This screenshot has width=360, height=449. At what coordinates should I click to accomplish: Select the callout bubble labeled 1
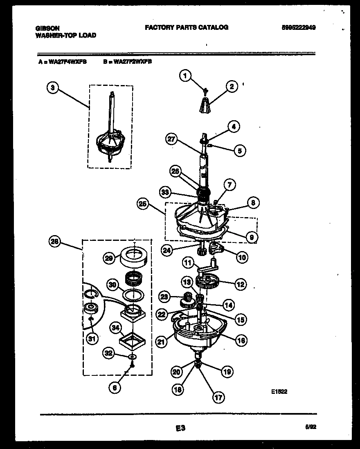coord(186,76)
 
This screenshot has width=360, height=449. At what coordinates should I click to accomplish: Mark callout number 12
coord(241,284)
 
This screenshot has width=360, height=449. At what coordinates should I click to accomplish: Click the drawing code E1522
coord(279,391)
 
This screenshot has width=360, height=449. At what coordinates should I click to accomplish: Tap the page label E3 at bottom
coord(180,428)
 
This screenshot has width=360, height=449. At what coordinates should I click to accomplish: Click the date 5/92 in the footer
coord(310,427)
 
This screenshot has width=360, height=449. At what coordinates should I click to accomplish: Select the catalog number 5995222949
coord(298,27)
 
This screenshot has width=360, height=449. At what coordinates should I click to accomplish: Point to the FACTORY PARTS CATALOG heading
coord(186,27)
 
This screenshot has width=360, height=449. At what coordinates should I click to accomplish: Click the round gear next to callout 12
coord(208,282)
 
